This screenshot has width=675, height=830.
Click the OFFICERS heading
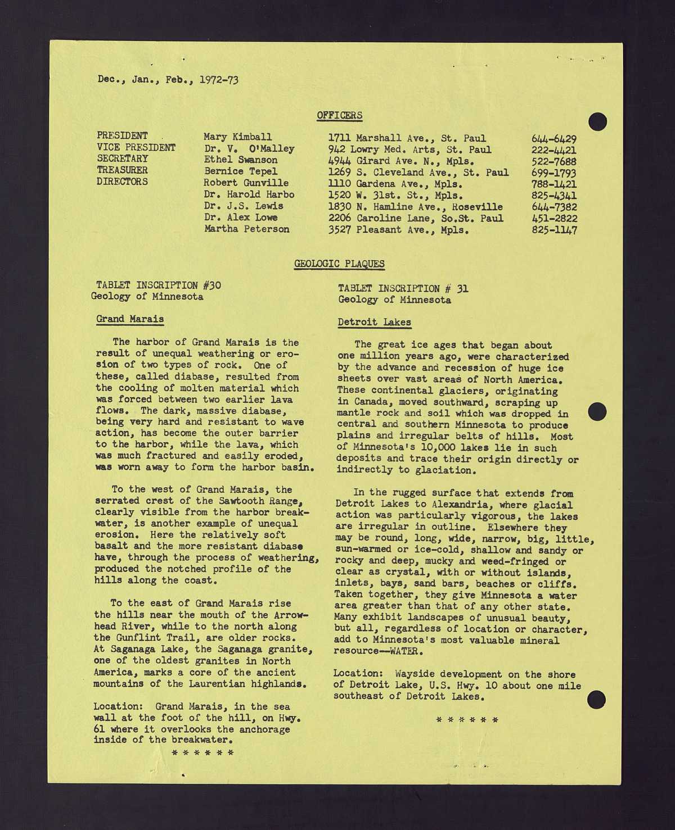click(x=339, y=115)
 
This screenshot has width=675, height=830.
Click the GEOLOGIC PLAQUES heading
click(x=339, y=264)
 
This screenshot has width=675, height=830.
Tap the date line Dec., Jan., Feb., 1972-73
click(x=168, y=79)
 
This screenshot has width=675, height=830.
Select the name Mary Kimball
click(x=237, y=137)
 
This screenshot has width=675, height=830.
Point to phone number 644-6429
click(x=553, y=139)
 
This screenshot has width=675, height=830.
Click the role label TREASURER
click(x=122, y=170)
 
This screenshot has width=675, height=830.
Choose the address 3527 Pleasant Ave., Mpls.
click(x=398, y=230)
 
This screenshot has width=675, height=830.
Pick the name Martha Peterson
click(x=246, y=229)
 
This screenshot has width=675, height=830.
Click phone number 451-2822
click(x=553, y=218)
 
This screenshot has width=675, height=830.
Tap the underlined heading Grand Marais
click(x=130, y=319)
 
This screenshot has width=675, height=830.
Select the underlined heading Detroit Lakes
click(x=374, y=322)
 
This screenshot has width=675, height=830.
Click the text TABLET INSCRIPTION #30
click(x=158, y=285)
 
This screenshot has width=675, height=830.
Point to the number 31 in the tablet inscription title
click(x=462, y=288)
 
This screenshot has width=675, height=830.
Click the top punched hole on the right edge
click(x=597, y=121)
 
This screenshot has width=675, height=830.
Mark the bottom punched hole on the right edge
click(x=596, y=700)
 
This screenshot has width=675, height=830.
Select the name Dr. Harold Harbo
click(x=249, y=194)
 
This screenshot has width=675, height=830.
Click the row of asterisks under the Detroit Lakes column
click(x=467, y=719)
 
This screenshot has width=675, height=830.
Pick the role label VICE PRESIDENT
click(x=136, y=147)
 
